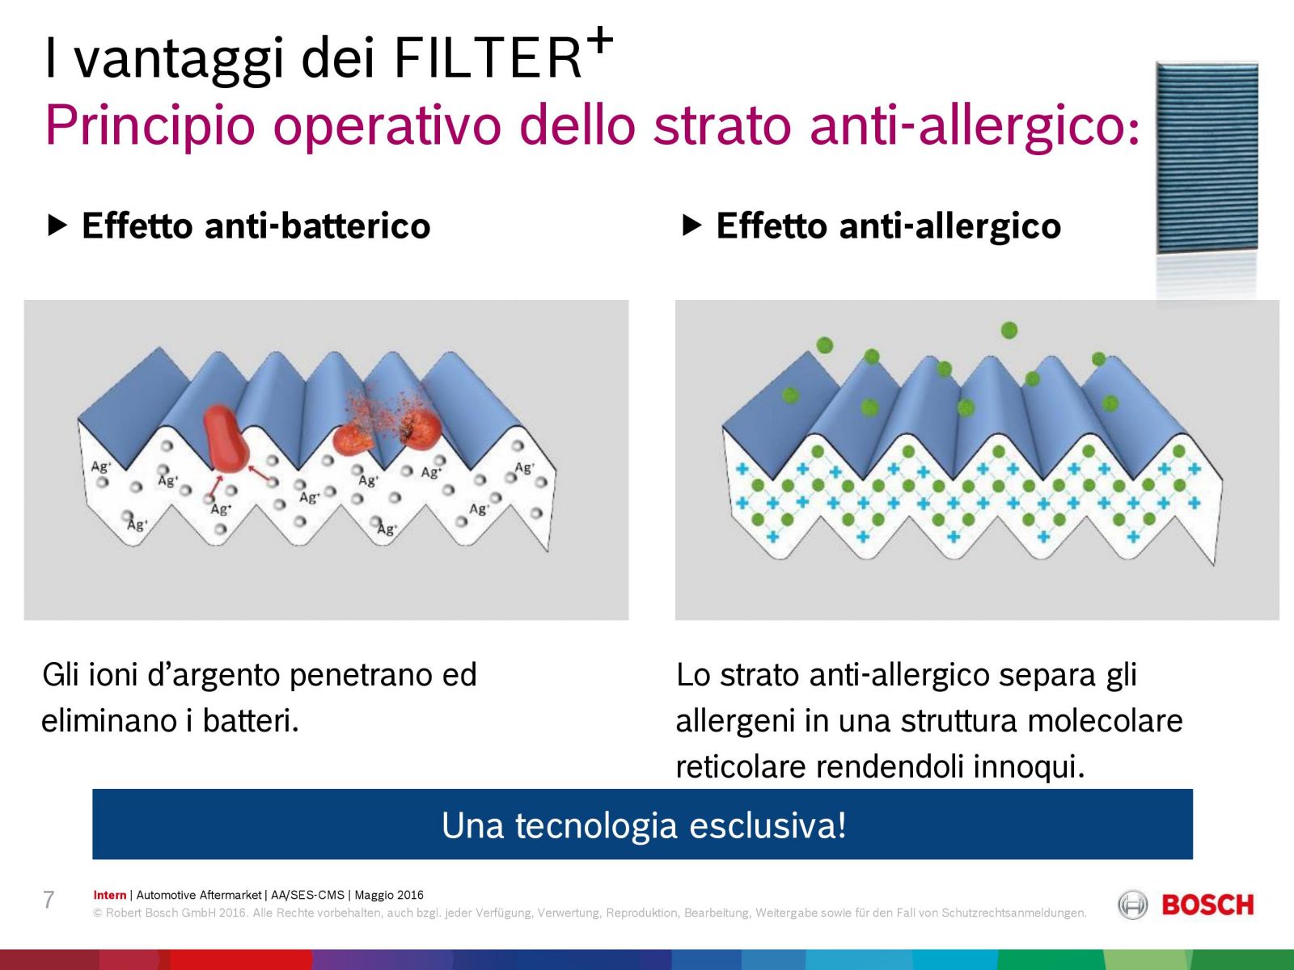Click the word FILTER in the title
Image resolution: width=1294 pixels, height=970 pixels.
click(488, 57)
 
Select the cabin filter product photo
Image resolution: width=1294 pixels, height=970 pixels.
click(1207, 157)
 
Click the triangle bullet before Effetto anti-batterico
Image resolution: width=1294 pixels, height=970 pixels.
click(57, 225)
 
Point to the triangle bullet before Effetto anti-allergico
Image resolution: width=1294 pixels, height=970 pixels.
click(691, 225)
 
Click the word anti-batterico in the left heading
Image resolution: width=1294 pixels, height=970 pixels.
click(317, 226)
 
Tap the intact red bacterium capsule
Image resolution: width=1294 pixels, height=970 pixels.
click(226, 438)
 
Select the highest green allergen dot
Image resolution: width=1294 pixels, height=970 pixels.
click(1009, 331)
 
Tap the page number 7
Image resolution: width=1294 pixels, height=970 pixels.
click(49, 900)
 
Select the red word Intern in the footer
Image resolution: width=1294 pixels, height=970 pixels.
click(110, 895)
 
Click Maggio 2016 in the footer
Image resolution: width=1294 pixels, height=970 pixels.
click(389, 895)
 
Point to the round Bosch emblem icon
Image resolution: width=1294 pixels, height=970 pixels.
click(1132, 905)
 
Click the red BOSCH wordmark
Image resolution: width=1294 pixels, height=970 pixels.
click(1207, 905)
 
